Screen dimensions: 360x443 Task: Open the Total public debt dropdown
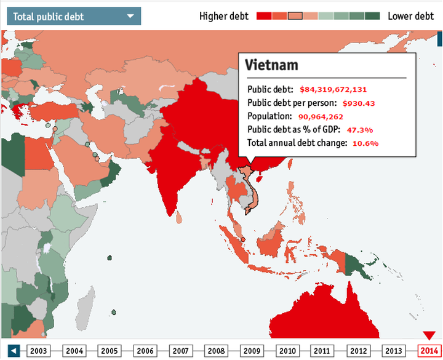[x=73, y=17]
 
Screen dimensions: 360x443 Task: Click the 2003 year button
[x=39, y=351]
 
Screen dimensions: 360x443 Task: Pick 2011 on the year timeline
[x=322, y=351]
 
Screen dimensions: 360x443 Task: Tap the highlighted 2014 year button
[x=429, y=351]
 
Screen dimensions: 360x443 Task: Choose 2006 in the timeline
[x=145, y=351]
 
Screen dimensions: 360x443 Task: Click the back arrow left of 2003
[x=14, y=351]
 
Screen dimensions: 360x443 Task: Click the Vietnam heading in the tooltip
[x=271, y=65]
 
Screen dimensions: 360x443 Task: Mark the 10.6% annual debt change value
[x=365, y=143]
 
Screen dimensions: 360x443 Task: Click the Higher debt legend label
[x=224, y=16]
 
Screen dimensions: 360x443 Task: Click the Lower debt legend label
[x=410, y=16]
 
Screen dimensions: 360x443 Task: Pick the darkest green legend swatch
[x=372, y=16]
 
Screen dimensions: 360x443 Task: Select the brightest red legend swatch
[x=263, y=16]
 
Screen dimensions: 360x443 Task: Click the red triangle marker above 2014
[x=429, y=335]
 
